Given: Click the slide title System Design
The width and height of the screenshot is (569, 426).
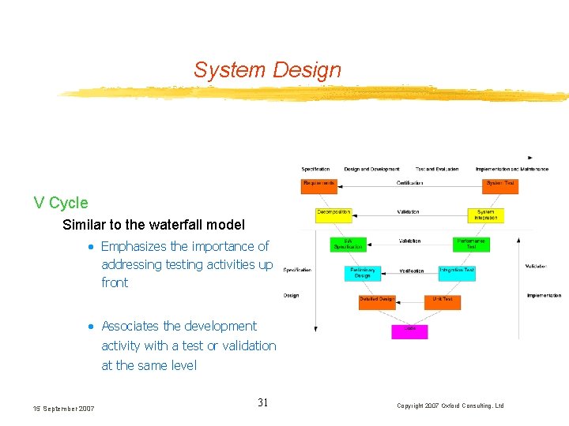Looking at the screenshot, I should click(x=267, y=70).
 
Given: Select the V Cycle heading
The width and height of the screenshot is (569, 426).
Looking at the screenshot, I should click(x=61, y=203).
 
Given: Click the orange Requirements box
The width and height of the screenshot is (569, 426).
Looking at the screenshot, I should click(x=319, y=185).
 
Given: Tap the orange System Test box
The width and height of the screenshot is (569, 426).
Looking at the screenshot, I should click(x=500, y=185).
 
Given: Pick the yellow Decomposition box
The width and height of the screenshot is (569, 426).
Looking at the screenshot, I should click(x=333, y=214).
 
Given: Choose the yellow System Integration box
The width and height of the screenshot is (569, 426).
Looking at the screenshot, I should click(x=485, y=215).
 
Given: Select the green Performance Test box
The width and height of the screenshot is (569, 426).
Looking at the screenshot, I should click(x=471, y=244).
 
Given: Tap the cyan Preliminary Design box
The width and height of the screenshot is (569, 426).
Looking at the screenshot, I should click(x=362, y=273).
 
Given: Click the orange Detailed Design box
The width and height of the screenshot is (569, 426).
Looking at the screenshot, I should click(x=376, y=301).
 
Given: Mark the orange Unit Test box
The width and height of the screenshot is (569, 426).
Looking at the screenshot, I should click(x=443, y=301).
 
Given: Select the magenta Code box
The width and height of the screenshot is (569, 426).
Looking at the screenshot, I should click(x=410, y=331).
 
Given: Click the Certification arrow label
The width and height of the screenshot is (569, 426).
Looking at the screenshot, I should click(x=409, y=183).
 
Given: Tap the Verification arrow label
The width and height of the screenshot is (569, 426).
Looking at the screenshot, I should click(x=411, y=271).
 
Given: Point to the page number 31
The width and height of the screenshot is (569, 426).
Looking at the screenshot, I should click(x=263, y=403).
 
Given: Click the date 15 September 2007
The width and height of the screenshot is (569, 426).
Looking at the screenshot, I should click(x=63, y=408).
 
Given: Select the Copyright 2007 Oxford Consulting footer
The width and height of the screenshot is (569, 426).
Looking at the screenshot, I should click(x=450, y=405).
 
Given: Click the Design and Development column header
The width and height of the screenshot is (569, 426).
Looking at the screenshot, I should click(x=371, y=169).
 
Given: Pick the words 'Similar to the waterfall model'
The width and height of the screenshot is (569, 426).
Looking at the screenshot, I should click(x=153, y=225).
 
